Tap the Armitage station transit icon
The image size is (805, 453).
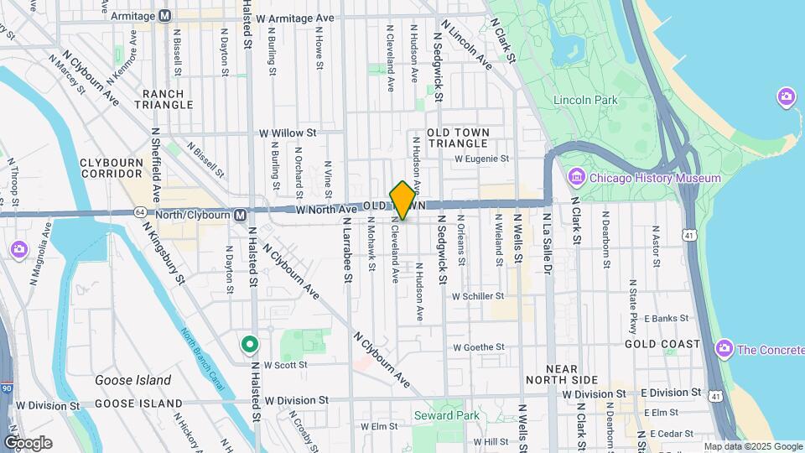click(x=164, y=16)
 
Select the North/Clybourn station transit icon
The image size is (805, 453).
click(x=240, y=215)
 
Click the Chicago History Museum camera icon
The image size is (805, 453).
click(x=576, y=178)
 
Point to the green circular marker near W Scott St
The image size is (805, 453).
click(x=249, y=344)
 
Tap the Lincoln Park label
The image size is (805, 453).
click(x=585, y=101)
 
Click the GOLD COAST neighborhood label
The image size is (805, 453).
click(x=662, y=344)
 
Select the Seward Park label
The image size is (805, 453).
click(x=445, y=415)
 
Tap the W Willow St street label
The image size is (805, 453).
click(x=288, y=133)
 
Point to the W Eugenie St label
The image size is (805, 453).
click(x=481, y=158)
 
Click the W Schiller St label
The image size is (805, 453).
click(x=477, y=296)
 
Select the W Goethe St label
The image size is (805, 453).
click(x=478, y=346)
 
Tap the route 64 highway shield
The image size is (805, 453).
click(x=139, y=212)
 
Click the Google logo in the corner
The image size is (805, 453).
click(x=28, y=442)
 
